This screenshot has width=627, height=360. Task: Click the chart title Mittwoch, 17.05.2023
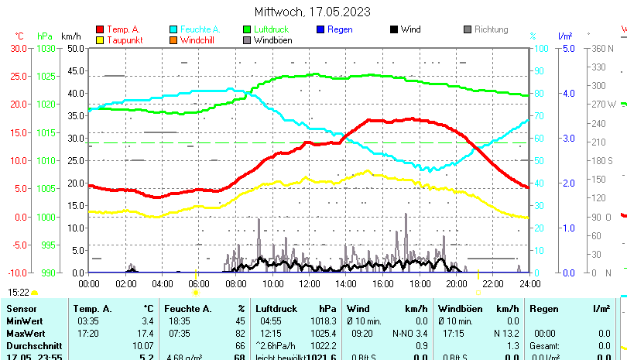pos(312,12)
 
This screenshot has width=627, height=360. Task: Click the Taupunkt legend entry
pos(125,40)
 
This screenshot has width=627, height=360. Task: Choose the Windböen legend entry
pos(272,40)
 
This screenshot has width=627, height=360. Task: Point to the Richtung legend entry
pos(491,29)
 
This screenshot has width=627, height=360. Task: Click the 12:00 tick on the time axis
pos(309,284)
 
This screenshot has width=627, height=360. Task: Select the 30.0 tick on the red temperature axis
pos(19,48)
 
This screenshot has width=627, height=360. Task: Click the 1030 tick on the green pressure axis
pos(46,48)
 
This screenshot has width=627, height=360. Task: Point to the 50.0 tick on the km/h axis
pos(75,48)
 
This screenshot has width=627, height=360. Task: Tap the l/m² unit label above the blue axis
pos(564,36)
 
